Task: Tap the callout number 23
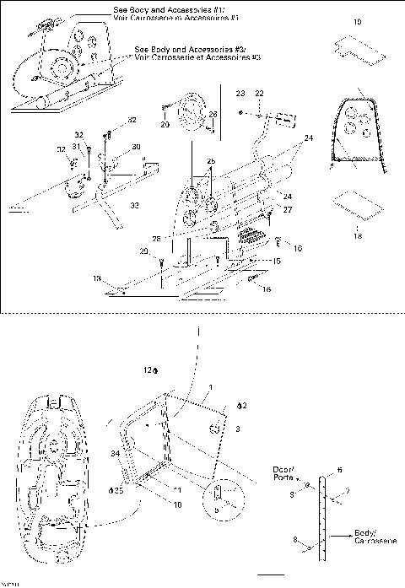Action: pyautogui.click(x=240, y=92)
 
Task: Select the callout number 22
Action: pyautogui.click(x=260, y=92)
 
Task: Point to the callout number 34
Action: pyautogui.click(x=114, y=453)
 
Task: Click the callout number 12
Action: pyautogui.click(x=146, y=370)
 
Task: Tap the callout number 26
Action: pyautogui.click(x=213, y=114)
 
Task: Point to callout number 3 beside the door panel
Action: pyautogui.click(x=239, y=429)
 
